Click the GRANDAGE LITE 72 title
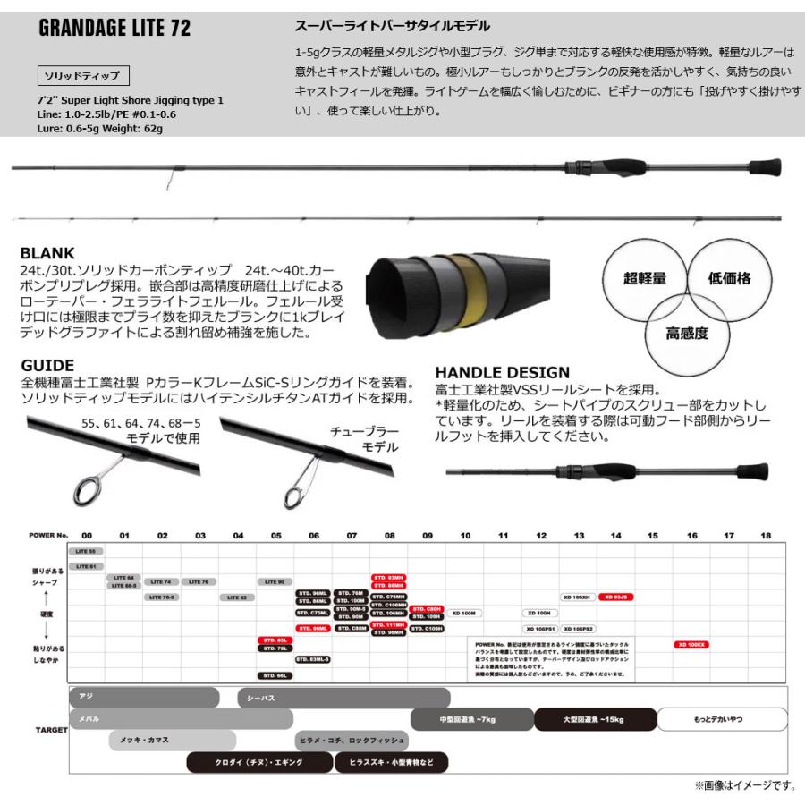[x=115, y=28]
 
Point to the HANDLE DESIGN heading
[x=502, y=372]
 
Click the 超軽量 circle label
[x=645, y=277]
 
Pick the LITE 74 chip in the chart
[x=162, y=580]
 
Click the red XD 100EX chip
[x=691, y=643]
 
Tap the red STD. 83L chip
[x=275, y=640]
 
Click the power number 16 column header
[x=691, y=535]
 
